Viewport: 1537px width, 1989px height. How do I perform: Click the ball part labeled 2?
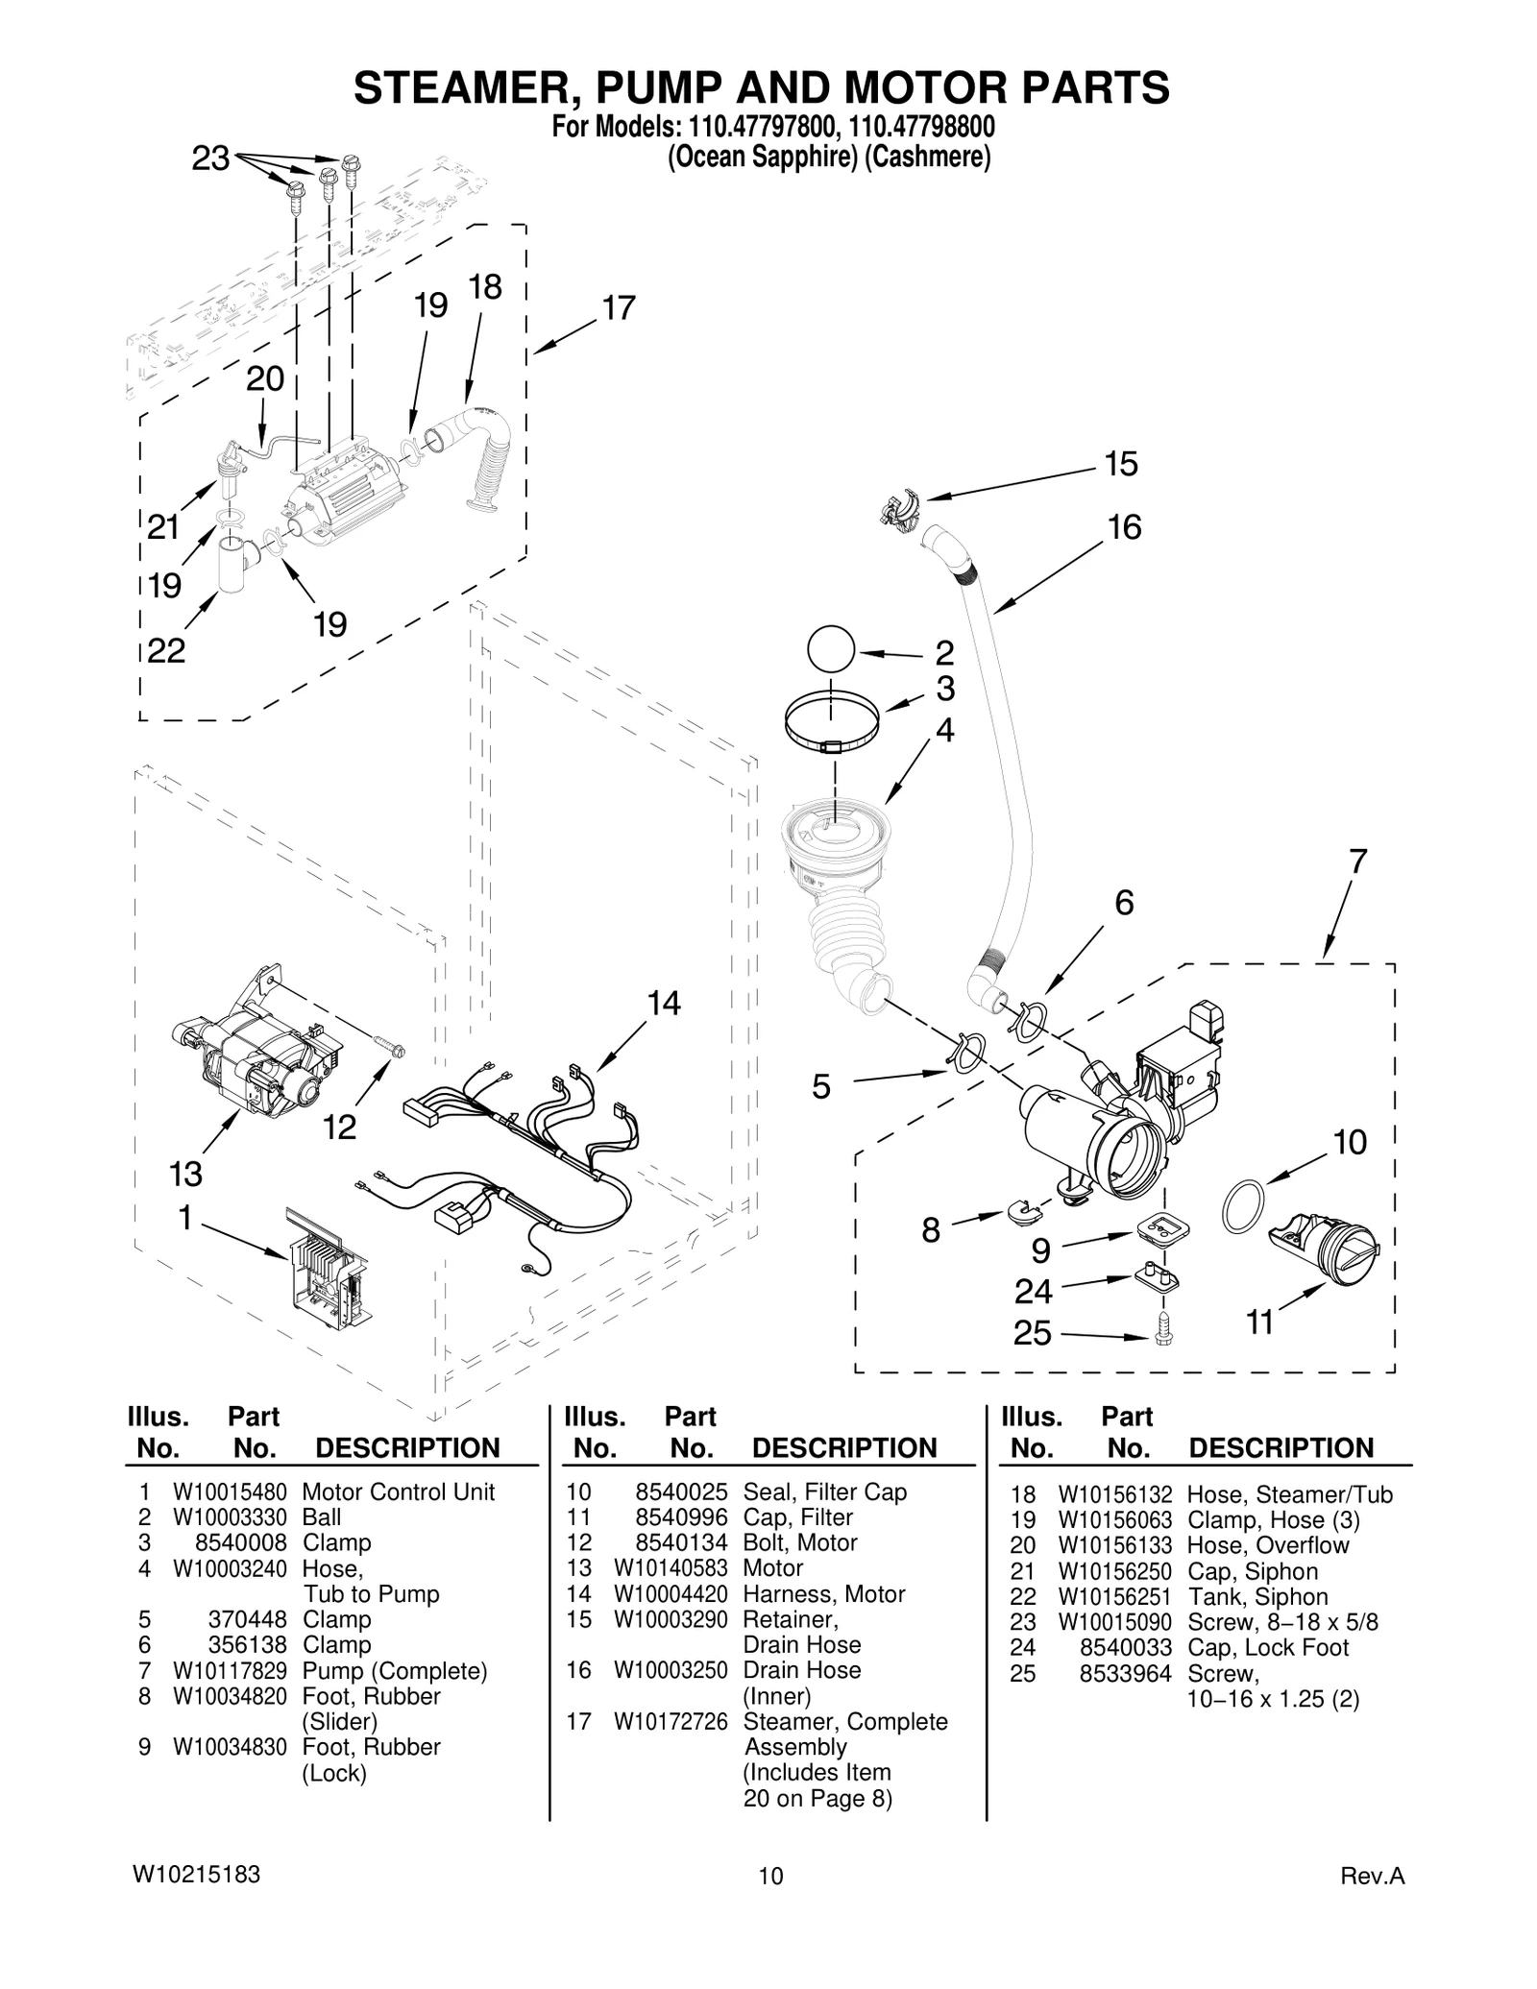tap(831, 650)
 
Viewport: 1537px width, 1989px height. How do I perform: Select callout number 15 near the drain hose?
tap(1120, 464)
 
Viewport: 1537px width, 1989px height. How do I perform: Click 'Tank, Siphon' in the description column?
tap(1257, 1597)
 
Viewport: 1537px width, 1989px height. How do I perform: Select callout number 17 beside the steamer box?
tap(619, 308)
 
